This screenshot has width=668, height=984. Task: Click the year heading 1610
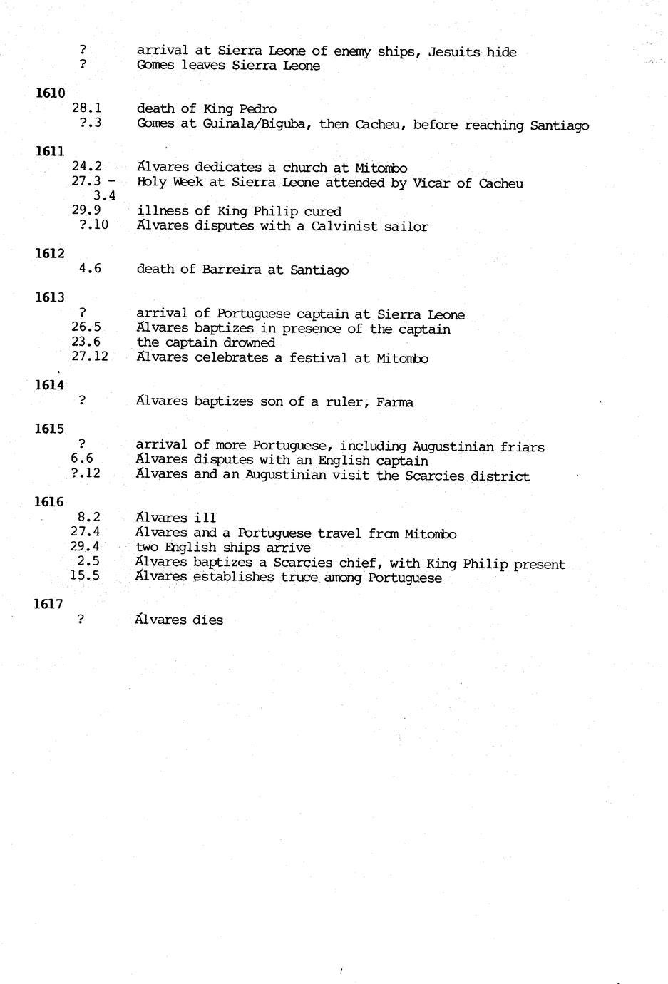coord(50,93)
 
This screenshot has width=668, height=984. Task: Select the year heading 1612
coord(50,254)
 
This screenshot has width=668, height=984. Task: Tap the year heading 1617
coord(48,604)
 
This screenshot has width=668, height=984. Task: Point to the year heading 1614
coord(49,385)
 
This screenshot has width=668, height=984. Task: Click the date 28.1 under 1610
coord(87,108)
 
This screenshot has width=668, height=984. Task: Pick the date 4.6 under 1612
coord(90,269)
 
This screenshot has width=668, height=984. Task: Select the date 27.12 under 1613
coord(90,357)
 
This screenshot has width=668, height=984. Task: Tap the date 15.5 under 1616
coord(85,576)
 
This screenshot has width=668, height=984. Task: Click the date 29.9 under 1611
coord(86,210)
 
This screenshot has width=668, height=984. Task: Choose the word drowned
coord(249,343)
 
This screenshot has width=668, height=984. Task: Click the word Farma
coord(396,402)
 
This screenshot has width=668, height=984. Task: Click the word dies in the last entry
coord(207,620)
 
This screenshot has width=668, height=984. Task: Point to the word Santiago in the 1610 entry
coord(560,125)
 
